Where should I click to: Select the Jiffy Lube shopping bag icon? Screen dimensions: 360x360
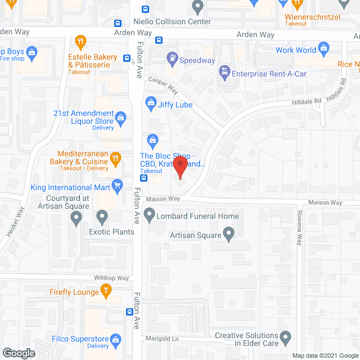[x=151, y=102]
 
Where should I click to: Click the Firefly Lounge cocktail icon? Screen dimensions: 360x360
[x=105, y=290]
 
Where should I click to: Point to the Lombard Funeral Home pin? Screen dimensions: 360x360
[x=150, y=214]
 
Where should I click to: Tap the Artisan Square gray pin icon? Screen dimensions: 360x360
[x=228, y=233]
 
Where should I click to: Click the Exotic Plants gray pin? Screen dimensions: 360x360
[x=102, y=216]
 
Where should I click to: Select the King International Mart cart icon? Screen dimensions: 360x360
[x=118, y=184]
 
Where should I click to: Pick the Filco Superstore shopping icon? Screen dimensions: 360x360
[x=116, y=339]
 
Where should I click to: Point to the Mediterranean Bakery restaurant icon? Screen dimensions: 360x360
[x=115, y=157]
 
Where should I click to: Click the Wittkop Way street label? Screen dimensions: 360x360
[x=112, y=278]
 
